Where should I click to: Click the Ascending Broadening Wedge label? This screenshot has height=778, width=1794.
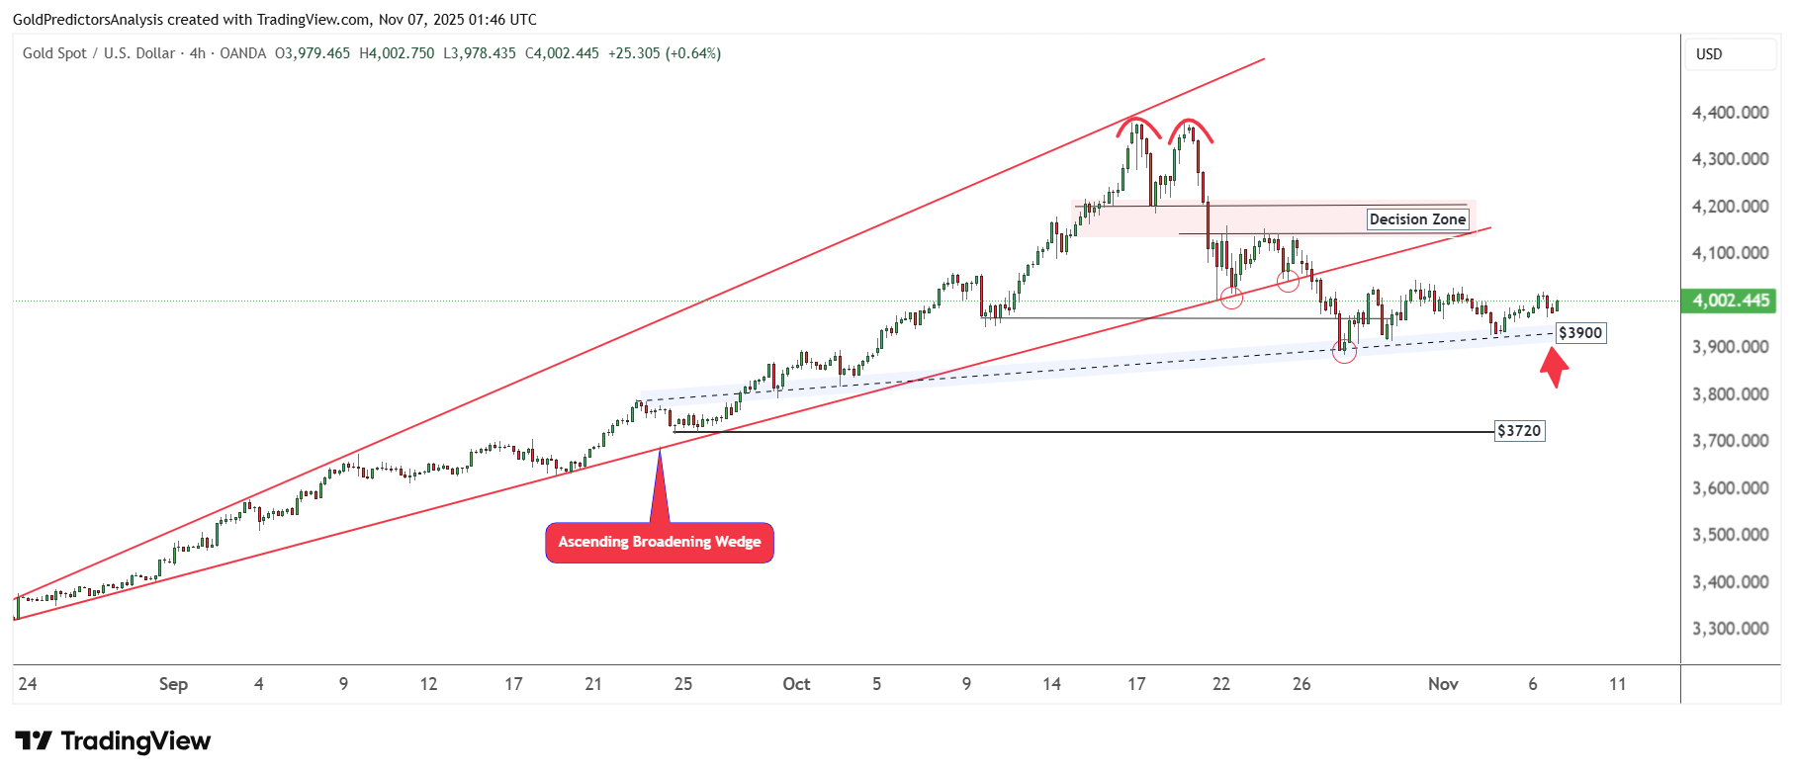click(x=660, y=542)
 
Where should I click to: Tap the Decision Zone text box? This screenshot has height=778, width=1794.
click(x=1417, y=219)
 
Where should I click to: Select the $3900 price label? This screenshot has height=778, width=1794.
click(x=1579, y=333)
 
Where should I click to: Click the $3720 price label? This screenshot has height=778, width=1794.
click(x=1519, y=431)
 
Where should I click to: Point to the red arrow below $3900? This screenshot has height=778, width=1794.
click(x=1555, y=367)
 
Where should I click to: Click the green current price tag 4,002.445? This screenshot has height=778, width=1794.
click(x=1730, y=301)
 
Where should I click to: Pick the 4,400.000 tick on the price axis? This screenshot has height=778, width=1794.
click(x=1730, y=113)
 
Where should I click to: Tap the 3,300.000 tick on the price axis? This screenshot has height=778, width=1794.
click(x=1730, y=629)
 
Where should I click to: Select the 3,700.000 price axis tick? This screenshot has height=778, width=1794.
click(x=1730, y=441)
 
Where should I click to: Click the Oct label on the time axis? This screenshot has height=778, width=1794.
click(x=796, y=684)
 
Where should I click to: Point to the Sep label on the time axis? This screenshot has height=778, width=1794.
click(x=173, y=684)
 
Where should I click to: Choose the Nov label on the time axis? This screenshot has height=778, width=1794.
click(x=1443, y=684)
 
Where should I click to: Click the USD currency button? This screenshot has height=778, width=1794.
click(x=1709, y=54)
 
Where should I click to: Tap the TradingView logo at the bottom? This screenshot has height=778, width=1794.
click(x=113, y=741)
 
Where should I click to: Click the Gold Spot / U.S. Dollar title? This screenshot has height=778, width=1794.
click(x=99, y=53)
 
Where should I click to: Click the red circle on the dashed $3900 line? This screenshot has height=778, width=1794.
click(x=1344, y=350)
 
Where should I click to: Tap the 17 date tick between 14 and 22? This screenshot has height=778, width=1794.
click(x=1136, y=684)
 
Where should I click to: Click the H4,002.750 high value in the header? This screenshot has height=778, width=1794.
click(x=397, y=53)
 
